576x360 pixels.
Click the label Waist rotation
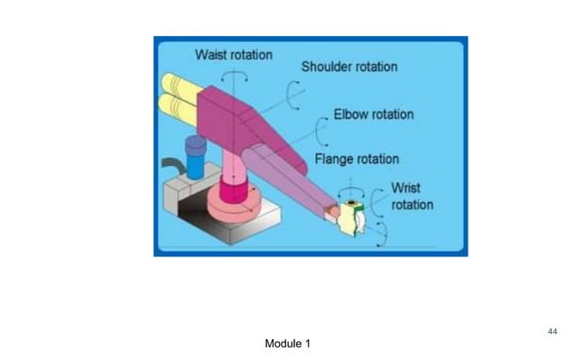point(233,55)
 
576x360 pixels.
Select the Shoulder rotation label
point(349,67)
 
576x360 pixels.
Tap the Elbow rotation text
point(374,115)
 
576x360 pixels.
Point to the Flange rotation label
point(357,159)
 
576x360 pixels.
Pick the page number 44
point(553,332)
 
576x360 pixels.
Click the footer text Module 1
point(288,344)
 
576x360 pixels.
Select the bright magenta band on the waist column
point(232,190)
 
